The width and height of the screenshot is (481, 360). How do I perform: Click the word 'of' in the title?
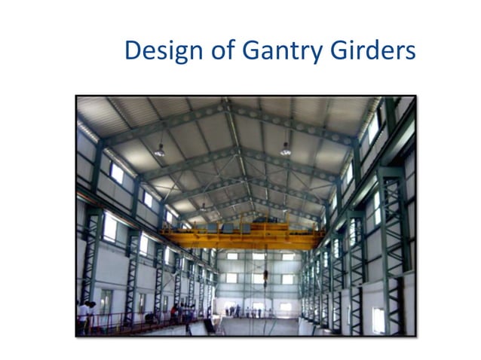219,51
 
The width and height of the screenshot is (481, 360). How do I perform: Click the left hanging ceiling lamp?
159,150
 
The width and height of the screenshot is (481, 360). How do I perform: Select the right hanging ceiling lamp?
286,149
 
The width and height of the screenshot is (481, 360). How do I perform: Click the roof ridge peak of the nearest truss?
228,103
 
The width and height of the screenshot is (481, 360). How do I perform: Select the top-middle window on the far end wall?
258,257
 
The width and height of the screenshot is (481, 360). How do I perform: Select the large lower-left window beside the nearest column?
110,227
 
